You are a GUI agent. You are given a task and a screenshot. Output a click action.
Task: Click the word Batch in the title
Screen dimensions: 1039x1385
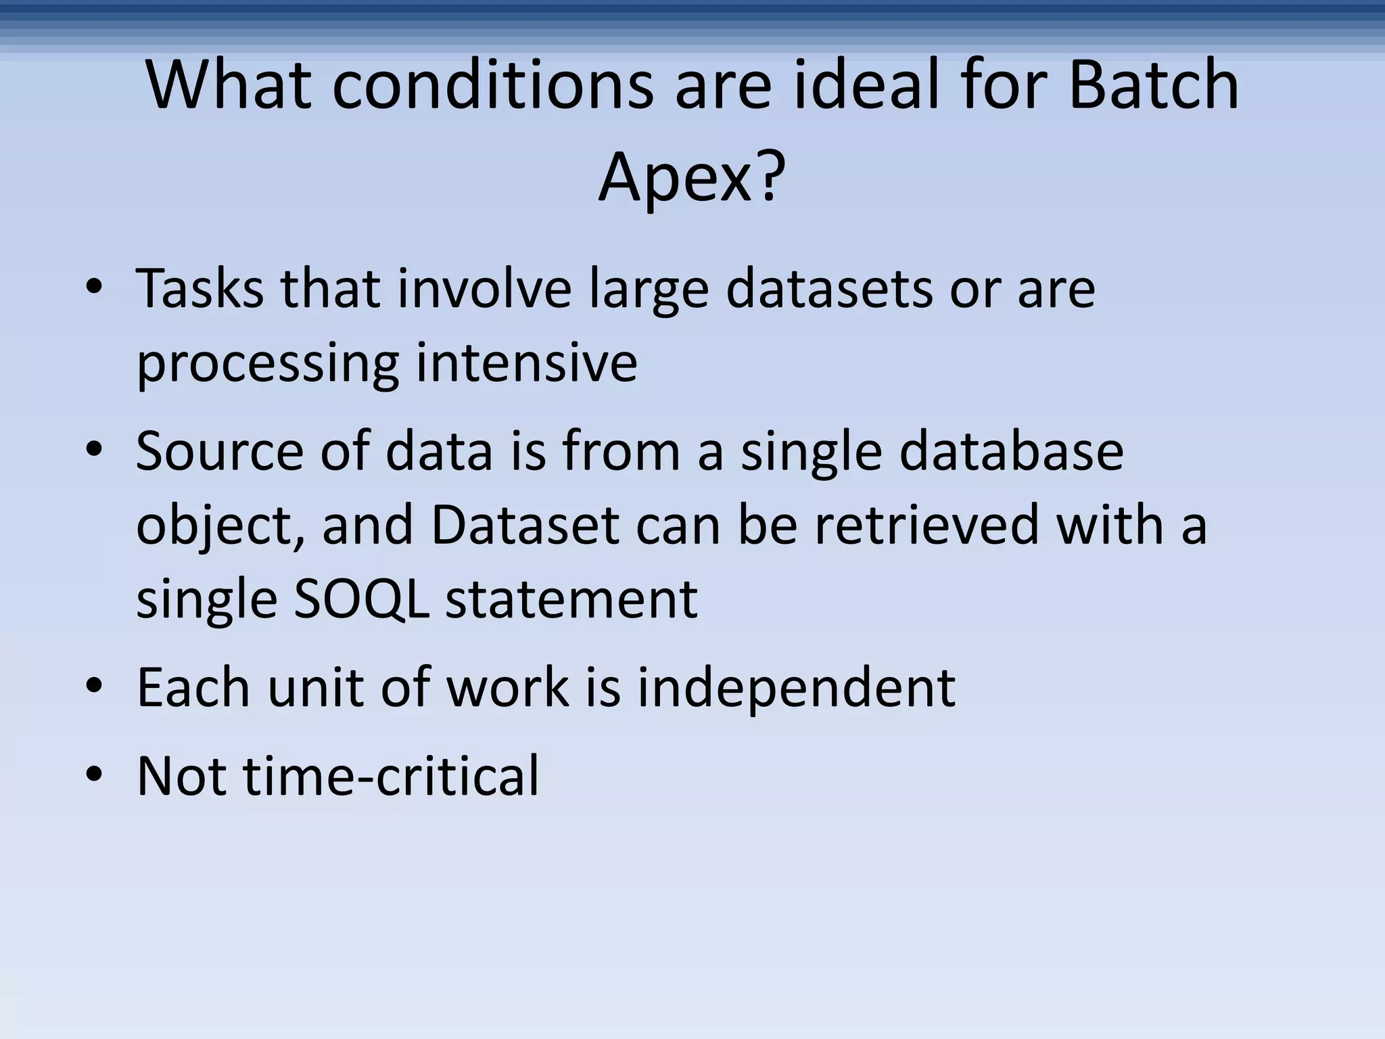[1154, 85]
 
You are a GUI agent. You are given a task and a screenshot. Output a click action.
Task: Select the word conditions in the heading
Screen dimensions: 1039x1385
[492, 85]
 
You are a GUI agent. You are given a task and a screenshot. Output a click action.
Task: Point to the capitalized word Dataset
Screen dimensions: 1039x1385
[525, 525]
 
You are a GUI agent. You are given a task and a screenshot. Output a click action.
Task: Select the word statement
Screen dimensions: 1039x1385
[571, 599]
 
